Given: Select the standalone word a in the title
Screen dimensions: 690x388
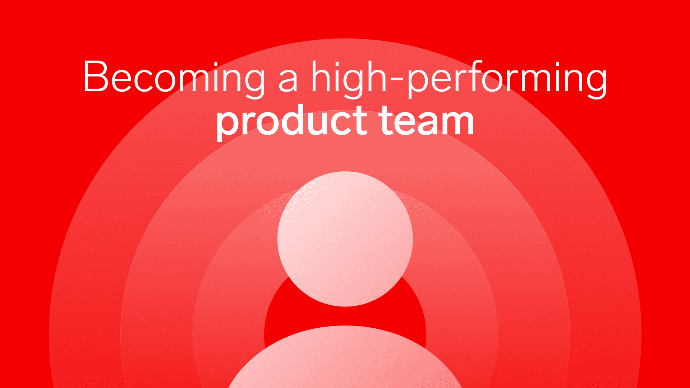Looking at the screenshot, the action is (x=288, y=81).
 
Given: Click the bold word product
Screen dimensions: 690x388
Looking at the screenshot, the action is (x=291, y=123).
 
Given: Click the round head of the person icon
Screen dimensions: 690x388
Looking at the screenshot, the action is (x=345, y=239).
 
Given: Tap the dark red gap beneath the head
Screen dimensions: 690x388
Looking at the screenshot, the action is (x=345, y=316).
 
